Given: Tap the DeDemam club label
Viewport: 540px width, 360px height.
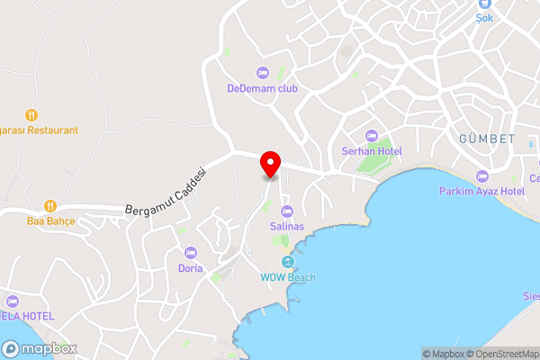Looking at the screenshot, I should coord(262,88).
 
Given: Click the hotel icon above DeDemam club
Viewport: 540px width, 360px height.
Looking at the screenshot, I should coord(262,72).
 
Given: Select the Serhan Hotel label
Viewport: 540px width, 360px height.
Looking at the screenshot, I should coord(371,150).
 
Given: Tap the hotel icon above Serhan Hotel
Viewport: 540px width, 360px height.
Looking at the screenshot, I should coord(371,134).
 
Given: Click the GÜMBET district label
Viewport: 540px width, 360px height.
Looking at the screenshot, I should coord(487,139).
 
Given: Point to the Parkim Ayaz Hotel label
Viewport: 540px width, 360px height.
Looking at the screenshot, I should coord(481,191).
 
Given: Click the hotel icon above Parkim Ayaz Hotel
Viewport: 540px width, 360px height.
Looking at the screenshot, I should coord(481,175).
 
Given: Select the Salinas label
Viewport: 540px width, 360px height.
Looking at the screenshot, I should coord(287,227).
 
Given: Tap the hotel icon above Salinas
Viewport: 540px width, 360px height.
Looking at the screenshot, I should coord(287,211).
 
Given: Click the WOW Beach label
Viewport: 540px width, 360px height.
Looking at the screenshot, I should coord(288,277).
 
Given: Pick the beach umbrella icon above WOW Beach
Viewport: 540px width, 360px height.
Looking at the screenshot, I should coord(288,261).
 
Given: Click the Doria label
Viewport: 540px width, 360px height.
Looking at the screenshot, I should coord(191,268).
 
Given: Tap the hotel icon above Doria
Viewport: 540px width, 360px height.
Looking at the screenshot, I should coord(191,252).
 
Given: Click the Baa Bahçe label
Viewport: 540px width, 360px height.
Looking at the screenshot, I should coord(50,220).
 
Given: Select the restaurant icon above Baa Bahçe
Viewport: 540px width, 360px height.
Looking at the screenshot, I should coord(50,204).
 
